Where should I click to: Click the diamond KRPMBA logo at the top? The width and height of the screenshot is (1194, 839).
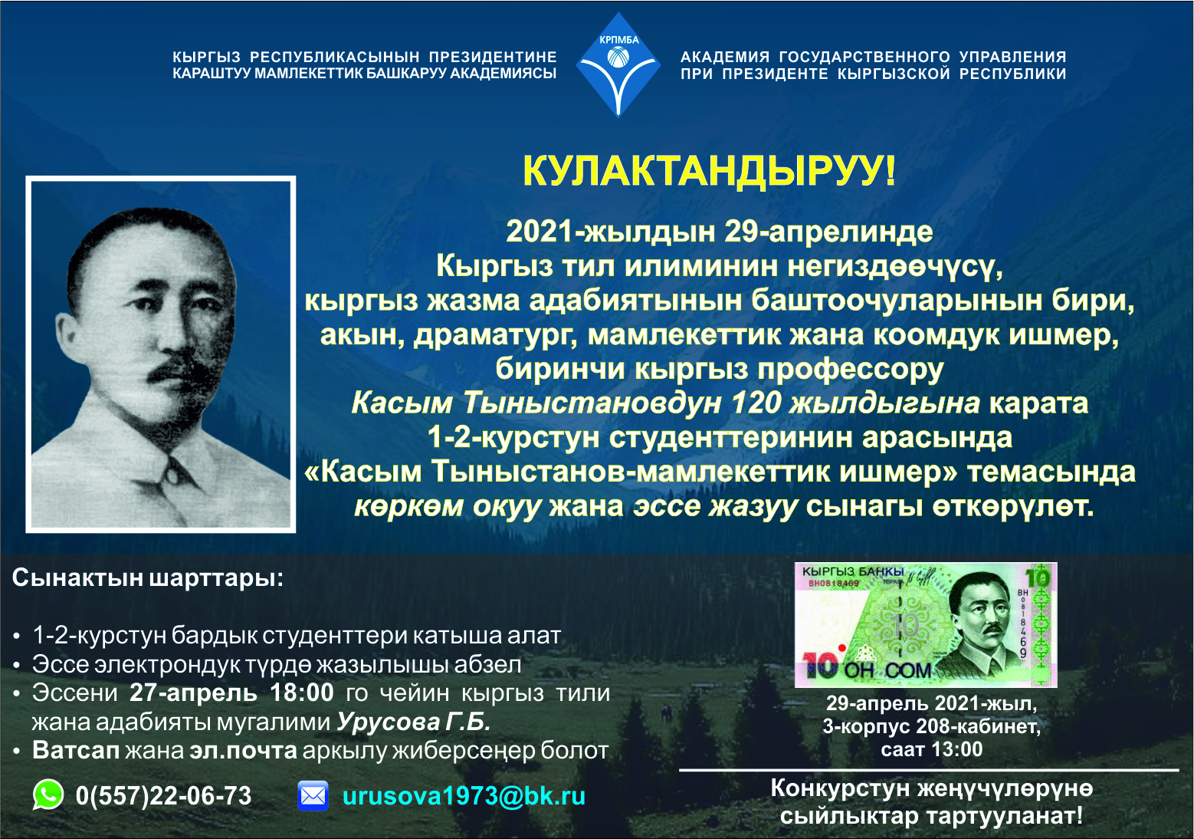(x=618, y=64)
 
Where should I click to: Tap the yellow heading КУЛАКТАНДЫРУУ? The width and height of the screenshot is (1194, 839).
(x=709, y=172)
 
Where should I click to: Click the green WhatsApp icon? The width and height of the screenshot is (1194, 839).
(x=48, y=795)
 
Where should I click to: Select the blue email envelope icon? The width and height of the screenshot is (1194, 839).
(x=313, y=796)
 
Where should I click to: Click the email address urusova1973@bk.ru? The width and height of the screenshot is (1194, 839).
(x=464, y=796)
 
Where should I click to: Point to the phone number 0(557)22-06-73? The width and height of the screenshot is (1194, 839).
(x=164, y=796)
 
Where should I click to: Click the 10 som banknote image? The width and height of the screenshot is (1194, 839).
(x=926, y=624)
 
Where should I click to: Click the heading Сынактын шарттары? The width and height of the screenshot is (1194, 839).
(x=148, y=577)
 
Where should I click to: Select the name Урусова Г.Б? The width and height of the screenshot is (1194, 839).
(x=413, y=722)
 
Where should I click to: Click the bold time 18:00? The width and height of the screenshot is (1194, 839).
(x=302, y=693)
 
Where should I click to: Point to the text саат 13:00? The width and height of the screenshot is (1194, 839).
(x=932, y=749)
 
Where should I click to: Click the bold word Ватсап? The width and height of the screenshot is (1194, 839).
(x=76, y=751)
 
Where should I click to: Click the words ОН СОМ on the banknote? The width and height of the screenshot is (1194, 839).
(x=887, y=670)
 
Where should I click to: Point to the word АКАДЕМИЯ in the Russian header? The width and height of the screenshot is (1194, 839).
(x=725, y=57)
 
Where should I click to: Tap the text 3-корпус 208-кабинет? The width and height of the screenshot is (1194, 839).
(x=932, y=726)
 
